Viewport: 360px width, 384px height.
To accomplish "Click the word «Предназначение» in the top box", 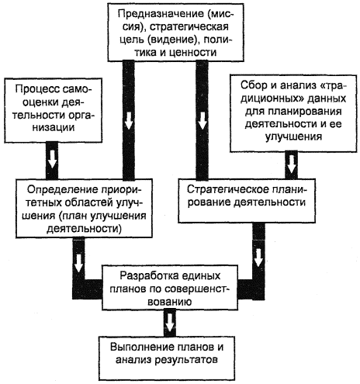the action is point(161,14).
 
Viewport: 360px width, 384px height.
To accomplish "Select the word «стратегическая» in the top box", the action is point(189,27).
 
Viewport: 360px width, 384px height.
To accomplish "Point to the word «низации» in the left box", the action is point(54,127).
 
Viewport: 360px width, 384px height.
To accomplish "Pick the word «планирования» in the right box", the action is point(305,111).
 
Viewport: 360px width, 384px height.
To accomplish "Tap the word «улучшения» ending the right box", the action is point(293,137).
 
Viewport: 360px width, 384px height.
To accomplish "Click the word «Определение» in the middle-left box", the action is point(60,190).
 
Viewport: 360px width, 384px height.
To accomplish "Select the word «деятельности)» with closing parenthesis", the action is point(84,229).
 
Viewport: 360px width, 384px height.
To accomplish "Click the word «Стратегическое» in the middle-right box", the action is point(227,189).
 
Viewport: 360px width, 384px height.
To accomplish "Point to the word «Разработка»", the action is point(147,276).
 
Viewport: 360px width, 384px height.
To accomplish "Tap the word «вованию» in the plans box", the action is point(170,302).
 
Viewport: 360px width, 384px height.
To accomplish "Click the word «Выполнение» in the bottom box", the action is point(141,347).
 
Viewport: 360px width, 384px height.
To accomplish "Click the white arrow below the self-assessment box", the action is point(52,161).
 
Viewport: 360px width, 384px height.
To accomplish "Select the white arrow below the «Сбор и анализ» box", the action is point(292,164).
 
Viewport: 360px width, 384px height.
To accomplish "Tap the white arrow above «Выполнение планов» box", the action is point(169,322).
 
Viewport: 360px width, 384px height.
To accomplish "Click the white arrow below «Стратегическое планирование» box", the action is point(258,258).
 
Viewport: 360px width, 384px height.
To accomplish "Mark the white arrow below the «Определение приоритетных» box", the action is point(78,263).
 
